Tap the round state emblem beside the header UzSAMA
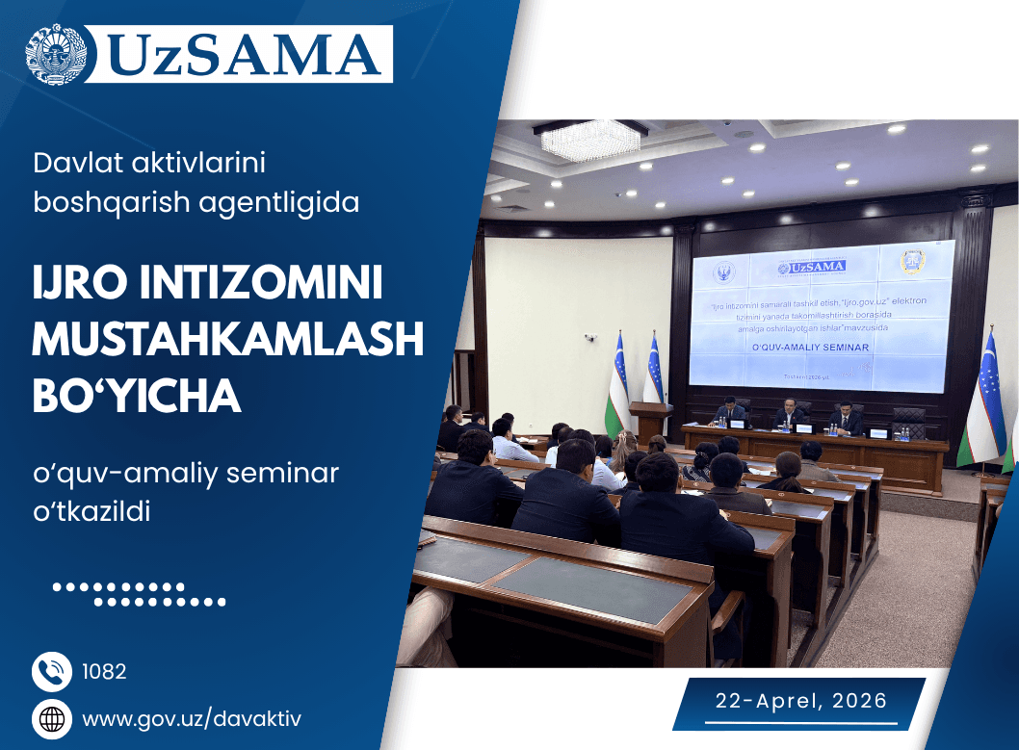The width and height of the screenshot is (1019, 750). (x=61, y=54)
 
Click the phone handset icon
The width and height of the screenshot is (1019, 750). (x=52, y=671)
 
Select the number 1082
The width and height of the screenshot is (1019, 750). (x=105, y=671)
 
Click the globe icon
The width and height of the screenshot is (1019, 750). (x=52, y=719)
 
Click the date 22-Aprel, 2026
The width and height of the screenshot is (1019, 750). (x=800, y=701)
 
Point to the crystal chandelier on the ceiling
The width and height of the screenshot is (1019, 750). (x=577, y=140)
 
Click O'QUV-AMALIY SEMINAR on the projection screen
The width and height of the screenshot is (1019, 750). (x=813, y=347)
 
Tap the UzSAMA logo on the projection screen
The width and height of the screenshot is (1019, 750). (x=811, y=266)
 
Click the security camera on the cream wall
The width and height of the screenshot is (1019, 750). (x=589, y=338)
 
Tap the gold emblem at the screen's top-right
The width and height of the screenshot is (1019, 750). (x=909, y=262)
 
